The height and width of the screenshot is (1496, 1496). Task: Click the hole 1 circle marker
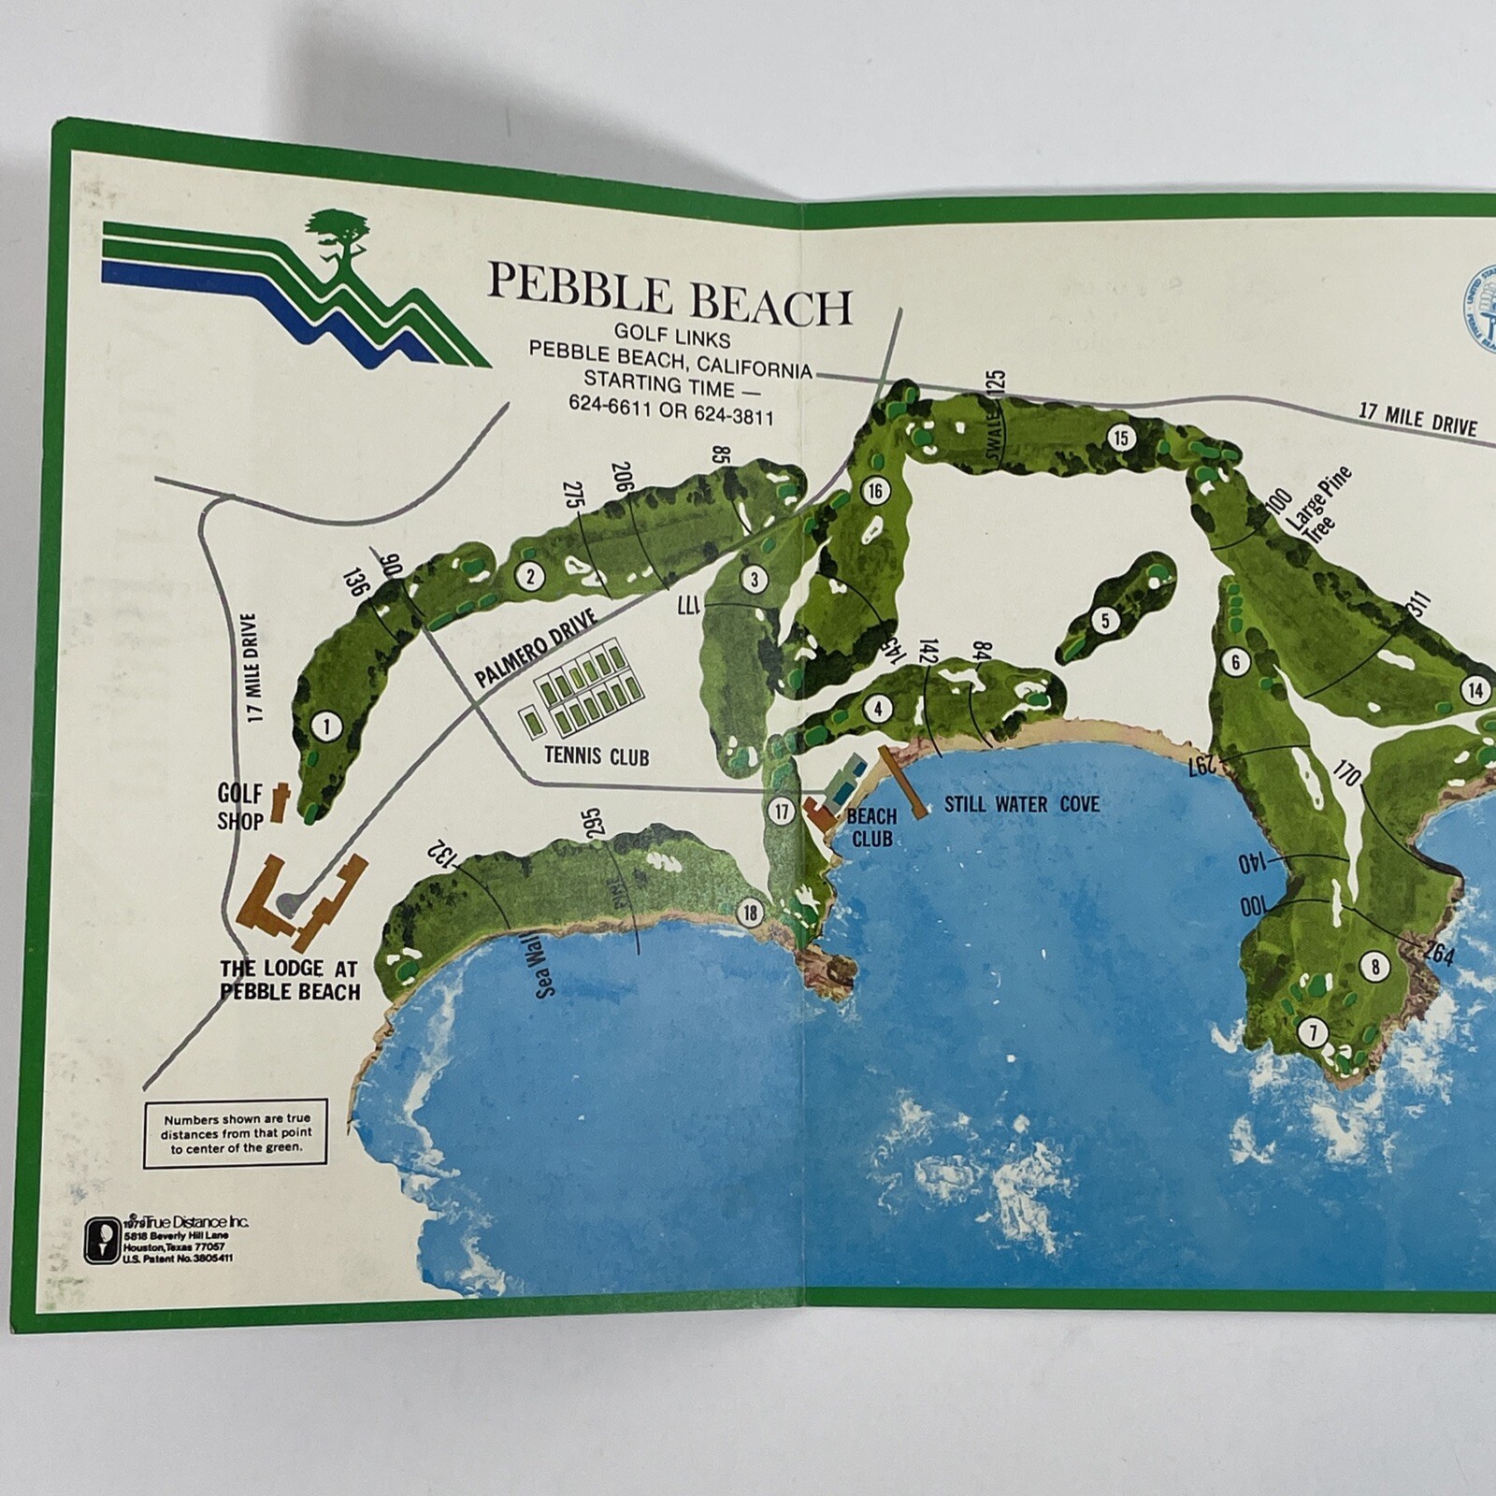(326, 726)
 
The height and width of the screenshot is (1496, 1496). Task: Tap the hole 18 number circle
(750, 912)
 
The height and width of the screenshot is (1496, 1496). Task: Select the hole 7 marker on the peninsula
(1313, 1032)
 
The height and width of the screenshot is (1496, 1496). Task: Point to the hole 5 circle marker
(1105, 620)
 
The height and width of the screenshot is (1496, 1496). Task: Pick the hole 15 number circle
(1120, 437)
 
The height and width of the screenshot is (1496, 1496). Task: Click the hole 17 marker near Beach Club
(782, 812)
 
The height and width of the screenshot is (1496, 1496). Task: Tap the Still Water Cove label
(1021, 803)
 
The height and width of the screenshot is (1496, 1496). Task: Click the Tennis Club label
(596, 755)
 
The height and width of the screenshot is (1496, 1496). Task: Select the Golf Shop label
(239, 807)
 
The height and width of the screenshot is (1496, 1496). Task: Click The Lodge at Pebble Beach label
(290, 978)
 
